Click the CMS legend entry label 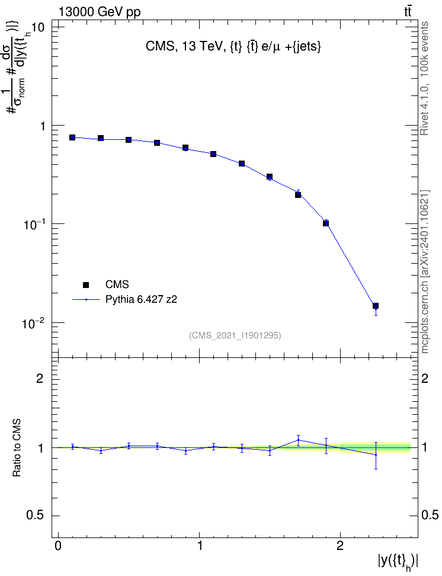tap(117, 284)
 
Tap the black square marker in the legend tap(86, 284)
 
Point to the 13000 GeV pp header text tap(100, 12)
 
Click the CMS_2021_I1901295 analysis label tap(235, 335)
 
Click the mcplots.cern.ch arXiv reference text tap(424, 272)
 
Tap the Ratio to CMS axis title tap(17, 447)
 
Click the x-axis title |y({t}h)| tap(398, 562)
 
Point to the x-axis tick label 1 tap(200, 546)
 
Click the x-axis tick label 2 tap(340, 546)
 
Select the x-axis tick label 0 tap(58, 546)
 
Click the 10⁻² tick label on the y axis tap(33, 323)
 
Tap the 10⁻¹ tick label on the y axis tap(33, 224)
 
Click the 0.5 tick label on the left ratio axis tap(35, 516)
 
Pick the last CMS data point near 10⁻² tap(376, 306)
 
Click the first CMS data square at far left tap(72, 137)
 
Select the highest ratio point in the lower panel tap(299, 440)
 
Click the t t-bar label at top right tap(408, 11)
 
